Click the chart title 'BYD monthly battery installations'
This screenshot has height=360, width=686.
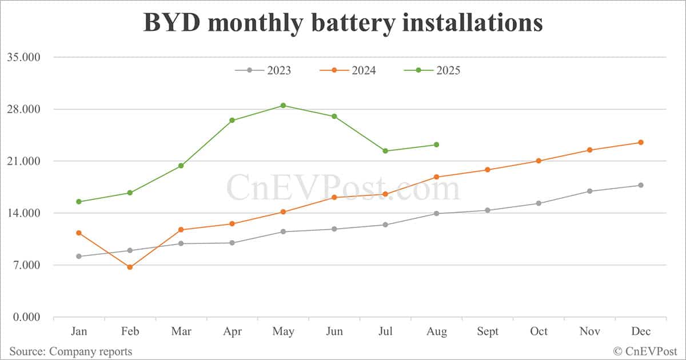click(x=342, y=23)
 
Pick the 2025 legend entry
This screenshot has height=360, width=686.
click(x=432, y=70)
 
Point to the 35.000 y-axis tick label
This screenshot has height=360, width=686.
click(x=23, y=57)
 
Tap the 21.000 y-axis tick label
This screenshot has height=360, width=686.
click(x=23, y=161)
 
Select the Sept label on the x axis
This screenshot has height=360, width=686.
click(x=487, y=332)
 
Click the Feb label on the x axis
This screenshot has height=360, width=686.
click(x=130, y=332)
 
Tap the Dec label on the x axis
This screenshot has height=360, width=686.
click(x=640, y=332)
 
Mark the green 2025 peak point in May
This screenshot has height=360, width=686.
click(x=283, y=106)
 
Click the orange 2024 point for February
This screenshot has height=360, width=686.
click(x=130, y=267)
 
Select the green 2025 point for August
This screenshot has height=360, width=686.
click(x=436, y=145)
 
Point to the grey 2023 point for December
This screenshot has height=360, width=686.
click(x=641, y=185)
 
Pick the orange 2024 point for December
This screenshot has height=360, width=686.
click(x=641, y=142)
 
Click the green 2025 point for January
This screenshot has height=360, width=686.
click(x=79, y=202)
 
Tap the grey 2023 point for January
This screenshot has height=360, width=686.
click(x=79, y=257)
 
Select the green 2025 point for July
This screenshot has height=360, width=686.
click(x=385, y=151)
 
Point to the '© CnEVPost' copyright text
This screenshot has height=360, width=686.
click(x=646, y=351)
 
